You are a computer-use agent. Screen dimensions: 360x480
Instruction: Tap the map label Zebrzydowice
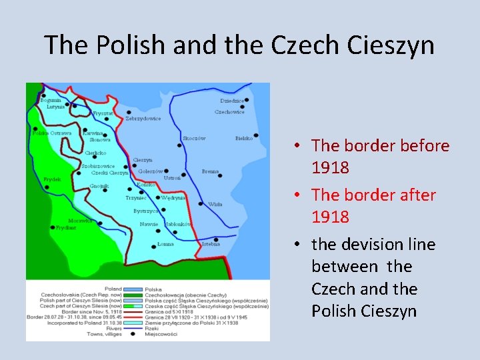point(143,119)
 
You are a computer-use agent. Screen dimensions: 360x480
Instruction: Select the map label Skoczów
point(193,139)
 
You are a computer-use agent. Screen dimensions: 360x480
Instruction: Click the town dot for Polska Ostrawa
point(35,129)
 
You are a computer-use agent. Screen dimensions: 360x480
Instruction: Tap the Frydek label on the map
point(52,179)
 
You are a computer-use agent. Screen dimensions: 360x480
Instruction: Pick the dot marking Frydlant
point(53,227)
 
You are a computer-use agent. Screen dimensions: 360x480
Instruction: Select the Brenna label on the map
point(210,171)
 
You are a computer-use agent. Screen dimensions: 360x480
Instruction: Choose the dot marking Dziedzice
point(246,99)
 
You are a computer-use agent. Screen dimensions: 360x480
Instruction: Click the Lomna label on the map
point(165,244)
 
